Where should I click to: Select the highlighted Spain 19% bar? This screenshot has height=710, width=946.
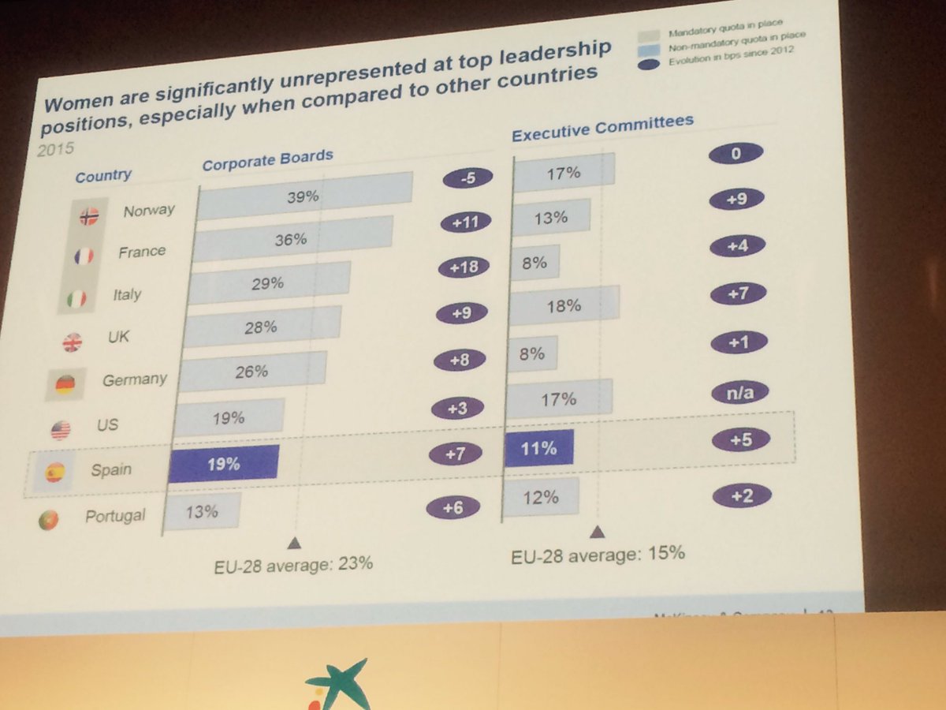225,463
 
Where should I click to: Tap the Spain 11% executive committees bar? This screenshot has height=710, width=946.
539,448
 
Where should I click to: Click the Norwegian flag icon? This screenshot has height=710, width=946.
89,215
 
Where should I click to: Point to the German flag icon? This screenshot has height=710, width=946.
65,384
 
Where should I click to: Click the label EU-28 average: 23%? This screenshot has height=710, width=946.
293,565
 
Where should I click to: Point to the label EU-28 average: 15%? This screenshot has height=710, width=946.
598,555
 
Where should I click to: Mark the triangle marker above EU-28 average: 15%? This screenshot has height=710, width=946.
598,532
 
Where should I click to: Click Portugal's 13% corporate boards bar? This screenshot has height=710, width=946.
202,512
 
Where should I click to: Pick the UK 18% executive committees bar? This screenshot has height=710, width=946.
564,305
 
